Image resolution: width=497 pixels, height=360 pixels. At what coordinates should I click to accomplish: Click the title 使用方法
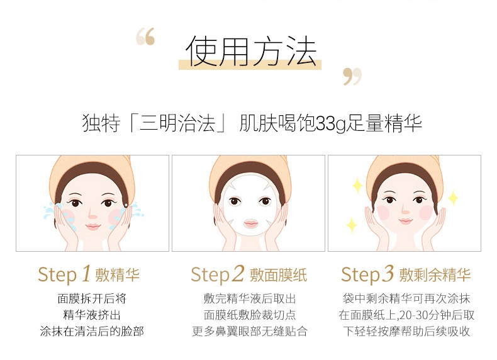[251, 52]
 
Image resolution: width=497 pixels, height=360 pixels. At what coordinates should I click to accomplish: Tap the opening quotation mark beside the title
[145, 37]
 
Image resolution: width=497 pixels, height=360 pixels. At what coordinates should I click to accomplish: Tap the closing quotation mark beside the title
[352, 76]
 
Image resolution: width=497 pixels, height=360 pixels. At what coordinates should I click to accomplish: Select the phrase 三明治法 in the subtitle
[177, 123]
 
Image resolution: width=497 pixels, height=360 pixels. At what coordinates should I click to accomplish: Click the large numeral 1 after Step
[86, 273]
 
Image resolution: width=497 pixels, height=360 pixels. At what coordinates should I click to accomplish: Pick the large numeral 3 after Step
[388, 273]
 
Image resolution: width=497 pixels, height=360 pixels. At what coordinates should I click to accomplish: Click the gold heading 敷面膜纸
[278, 274]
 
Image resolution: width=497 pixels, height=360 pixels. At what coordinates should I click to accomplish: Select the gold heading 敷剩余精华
[435, 274]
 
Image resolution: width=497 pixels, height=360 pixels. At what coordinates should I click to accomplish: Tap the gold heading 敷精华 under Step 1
[117, 274]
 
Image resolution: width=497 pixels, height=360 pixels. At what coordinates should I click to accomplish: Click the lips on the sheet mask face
[251, 223]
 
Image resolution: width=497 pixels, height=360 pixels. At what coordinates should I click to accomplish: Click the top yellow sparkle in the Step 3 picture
[357, 186]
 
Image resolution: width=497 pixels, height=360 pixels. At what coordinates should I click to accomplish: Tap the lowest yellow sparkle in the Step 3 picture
[352, 225]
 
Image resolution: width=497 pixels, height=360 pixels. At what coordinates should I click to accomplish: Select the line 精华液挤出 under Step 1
[92, 315]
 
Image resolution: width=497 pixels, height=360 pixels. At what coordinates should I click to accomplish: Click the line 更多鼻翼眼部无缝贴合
[250, 331]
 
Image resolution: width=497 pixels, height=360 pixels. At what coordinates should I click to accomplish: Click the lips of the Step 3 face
[405, 221]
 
